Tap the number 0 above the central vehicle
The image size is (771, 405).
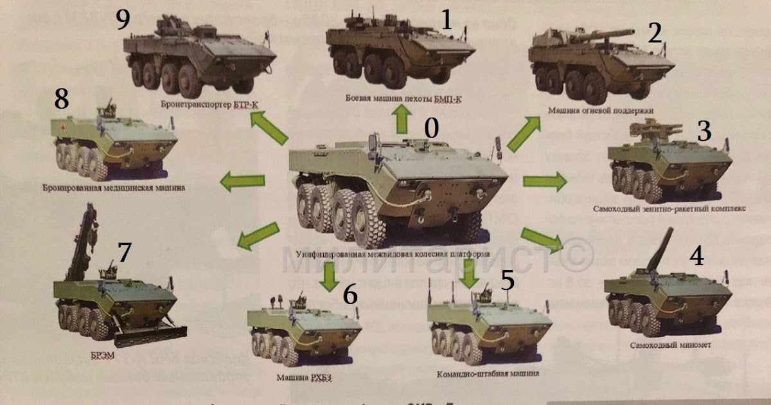click(x=431, y=129)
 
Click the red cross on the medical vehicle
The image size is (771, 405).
click(x=63, y=128)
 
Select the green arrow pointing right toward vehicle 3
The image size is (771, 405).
click(x=544, y=182)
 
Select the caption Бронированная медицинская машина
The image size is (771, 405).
click(x=111, y=188)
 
